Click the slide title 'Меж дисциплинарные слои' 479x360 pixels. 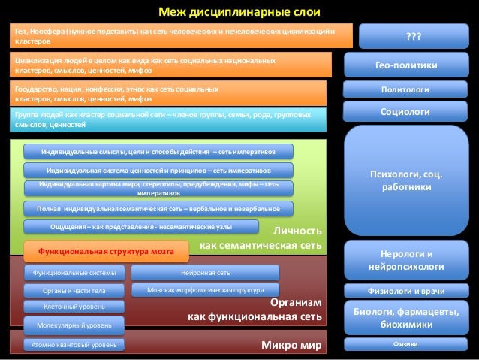(x=238, y=11)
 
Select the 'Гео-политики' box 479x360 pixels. (x=411, y=66)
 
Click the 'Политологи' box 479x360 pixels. (x=411, y=89)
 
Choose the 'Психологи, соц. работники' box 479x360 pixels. (x=411, y=180)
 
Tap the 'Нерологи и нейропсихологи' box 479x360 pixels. (x=411, y=260)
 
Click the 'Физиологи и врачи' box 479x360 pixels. (x=411, y=291)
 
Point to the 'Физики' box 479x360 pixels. (x=411, y=344)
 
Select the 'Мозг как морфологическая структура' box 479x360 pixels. (x=205, y=289)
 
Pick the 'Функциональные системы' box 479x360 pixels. (x=74, y=272)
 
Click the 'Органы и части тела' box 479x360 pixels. (x=74, y=289)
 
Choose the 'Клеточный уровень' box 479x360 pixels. (x=74, y=307)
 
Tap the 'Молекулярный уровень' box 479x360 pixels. (x=74, y=325)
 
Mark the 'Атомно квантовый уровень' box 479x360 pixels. (x=74, y=345)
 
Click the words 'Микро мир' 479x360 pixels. (x=290, y=346)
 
